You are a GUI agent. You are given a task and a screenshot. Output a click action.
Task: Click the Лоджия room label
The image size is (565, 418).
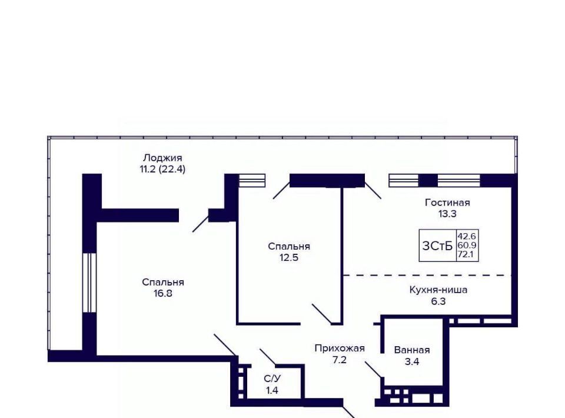[x=162, y=158]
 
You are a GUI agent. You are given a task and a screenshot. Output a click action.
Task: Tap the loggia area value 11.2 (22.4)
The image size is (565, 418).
[x=162, y=169]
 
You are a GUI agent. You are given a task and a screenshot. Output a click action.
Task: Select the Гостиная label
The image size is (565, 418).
[x=447, y=203]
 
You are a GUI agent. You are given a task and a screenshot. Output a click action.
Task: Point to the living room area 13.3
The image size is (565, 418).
[x=447, y=214]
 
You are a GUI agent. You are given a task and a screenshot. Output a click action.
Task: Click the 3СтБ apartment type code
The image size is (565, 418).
[x=437, y=246]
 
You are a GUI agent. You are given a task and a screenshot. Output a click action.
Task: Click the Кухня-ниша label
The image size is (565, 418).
[x=438, y=290]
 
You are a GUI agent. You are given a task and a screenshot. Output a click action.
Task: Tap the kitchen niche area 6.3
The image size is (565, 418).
[x=438, y=301]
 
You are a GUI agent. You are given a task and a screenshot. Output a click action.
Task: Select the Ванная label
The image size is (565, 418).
[x=412, y=350]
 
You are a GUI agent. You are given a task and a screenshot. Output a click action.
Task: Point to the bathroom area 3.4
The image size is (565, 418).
[x=412, y=361]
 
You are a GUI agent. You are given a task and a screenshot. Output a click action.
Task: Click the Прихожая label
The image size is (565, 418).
[x=340, y=348]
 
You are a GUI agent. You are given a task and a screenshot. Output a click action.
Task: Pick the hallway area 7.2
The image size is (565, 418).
[x=340, y=359]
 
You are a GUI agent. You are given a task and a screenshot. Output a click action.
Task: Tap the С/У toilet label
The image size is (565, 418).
[x=271, y=379]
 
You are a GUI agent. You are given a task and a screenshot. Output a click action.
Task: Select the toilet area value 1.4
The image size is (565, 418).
[x=271, y=390]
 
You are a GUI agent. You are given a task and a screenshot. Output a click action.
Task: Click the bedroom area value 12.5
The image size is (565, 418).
[x=288, y=257]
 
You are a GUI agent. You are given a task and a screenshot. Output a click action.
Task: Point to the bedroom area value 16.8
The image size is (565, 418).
[x=162, y=293]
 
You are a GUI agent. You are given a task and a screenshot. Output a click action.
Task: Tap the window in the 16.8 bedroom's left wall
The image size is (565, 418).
[x=89, y=283]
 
